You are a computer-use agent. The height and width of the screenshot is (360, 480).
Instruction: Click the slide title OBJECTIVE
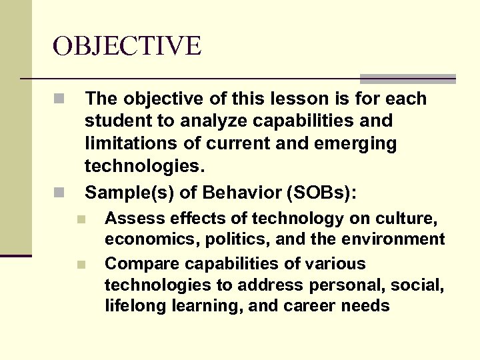pyautogui.click(x=127, y=46)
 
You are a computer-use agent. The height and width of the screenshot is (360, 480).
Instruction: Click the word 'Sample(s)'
pyautogui.click(x=121, y=193)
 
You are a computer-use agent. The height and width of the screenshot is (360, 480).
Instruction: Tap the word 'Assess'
pyautogui.click(x=131, y=219)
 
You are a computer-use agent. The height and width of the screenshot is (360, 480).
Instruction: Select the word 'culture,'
pyautogui.click(x=411, y=219)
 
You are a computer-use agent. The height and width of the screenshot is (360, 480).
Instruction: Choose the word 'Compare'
pyautogui.click(x=136, y=263)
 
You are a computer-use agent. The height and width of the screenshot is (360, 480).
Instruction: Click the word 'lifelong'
pyautogui.click(x=133, y=306)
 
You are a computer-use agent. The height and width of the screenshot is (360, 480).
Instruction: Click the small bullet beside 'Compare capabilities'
pyautogui.click(x=81, y=264)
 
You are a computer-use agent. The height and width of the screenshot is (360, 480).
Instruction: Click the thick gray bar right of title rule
pyautogui.click(x=408, y=79)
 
